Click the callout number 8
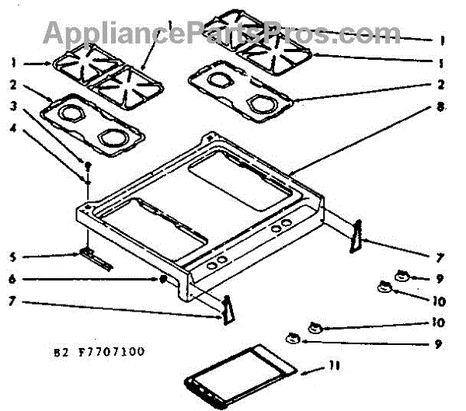[x=440, y=106]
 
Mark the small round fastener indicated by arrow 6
[x=162, y=278]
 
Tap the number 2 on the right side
[x=440, y=84]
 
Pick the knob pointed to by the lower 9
[x=293, y=337]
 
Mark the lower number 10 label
[x=439, y=322]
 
